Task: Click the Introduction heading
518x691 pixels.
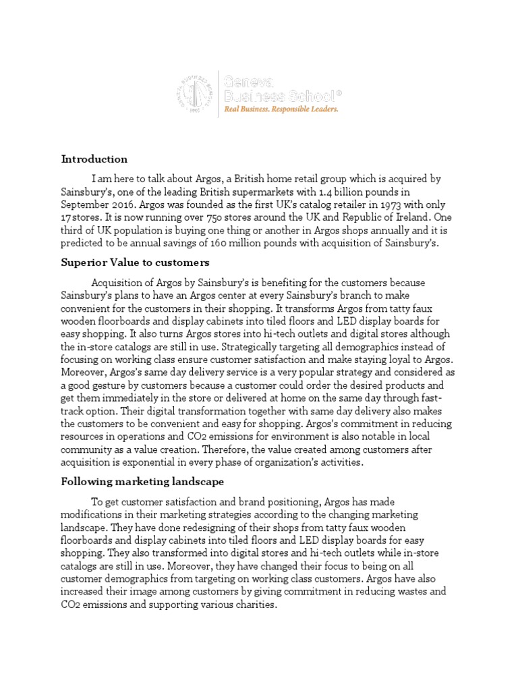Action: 94,159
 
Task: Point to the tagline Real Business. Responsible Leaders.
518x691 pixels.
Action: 281,108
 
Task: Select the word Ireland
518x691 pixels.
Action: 410,217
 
